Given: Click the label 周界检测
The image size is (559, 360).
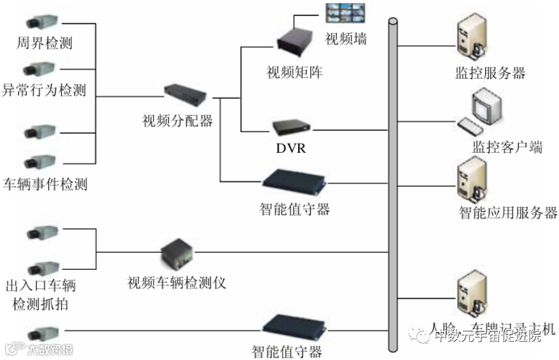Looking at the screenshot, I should pyautogui.click(x=46, y=43).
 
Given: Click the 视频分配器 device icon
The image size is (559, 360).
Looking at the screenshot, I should pyautogui.click(x=185, y=94).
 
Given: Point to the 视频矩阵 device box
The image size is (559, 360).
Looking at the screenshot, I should pyautogui.click(x=294, y=40).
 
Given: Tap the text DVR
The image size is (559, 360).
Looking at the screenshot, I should pyautogui.click(x=291, y=148).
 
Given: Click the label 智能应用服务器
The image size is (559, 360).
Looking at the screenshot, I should pyautogui.click(x=508, y=212).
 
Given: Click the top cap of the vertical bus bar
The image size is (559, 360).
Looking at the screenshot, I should pyautogui.click(x=393, y=23).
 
